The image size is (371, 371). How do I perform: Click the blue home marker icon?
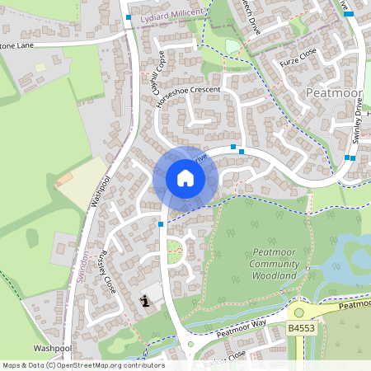[x=185, y=178]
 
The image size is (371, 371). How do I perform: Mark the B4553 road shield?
[x=303, y=328]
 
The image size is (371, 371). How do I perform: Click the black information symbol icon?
[x=146, y=301]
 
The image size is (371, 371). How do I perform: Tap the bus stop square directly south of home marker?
[x=160, y=223]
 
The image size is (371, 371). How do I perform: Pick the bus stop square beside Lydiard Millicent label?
[x=129, y=16]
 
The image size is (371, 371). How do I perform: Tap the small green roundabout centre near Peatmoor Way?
[x=190, y=345]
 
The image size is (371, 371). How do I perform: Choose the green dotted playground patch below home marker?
[x=173, y=258]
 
